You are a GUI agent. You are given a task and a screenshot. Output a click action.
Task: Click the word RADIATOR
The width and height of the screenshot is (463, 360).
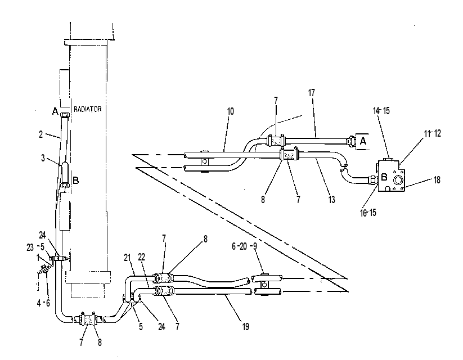point(87,109)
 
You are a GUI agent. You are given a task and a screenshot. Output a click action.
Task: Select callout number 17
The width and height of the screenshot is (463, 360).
point(312,93)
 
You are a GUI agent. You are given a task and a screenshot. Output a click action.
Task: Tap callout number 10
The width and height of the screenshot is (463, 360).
point(230,111)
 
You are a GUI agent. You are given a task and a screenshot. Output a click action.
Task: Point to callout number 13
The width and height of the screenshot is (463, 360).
point(331,200)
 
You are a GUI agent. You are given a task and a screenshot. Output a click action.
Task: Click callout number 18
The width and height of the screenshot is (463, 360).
point(437,180)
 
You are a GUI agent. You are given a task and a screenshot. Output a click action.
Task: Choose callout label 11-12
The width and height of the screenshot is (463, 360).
point(432,133)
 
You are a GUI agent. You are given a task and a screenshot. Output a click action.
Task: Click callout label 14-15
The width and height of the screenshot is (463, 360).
point(381,111)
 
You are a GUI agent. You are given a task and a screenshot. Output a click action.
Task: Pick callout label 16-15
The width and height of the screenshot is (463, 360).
point(368,213)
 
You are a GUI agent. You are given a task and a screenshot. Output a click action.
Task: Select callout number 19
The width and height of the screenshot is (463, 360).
point(245,327)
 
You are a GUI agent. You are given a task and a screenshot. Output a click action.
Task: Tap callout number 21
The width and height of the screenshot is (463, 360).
point(127,258)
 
